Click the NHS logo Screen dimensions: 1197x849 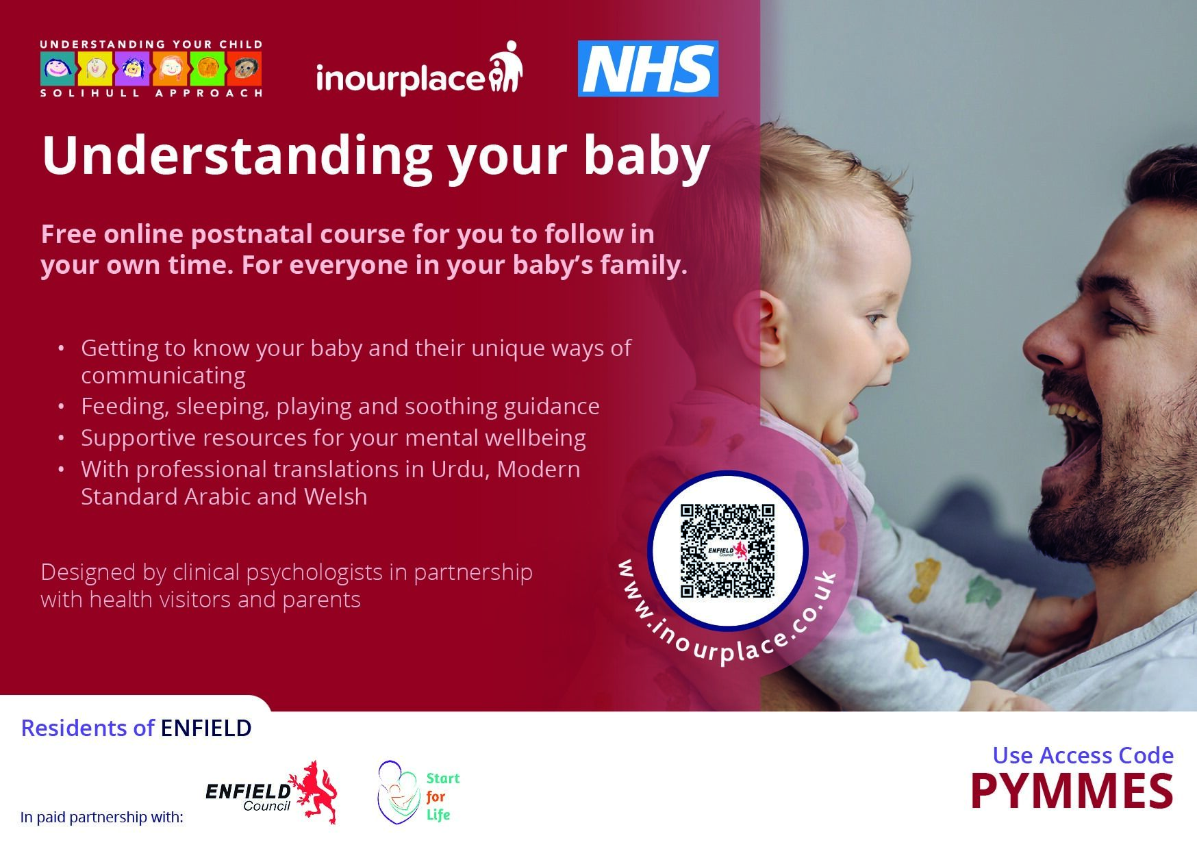pyautogui.click(x=648, y=68)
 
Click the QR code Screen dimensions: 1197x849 pyautogui.click(x=727, y=551)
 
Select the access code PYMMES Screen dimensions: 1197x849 pyautogui.click(x=1072, y=792)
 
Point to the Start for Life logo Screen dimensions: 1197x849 pyautogui.click(x=418, y=792)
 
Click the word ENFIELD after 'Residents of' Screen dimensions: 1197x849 pyautogui.click(x=206, y=728)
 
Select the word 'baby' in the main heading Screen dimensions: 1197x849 pyautogui.click(x=646, y=156)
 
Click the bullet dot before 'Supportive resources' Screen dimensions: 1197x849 pyautogui.click(x=62, y=438)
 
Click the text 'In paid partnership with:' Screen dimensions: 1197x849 pyautogui.click(x=102, y=817)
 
